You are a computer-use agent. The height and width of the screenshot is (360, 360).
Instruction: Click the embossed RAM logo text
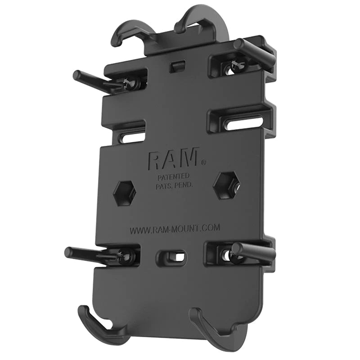(173, 159)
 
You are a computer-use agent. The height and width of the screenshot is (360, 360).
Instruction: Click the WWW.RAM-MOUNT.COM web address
(175, 229)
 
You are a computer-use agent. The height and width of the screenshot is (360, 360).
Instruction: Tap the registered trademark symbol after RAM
(203, 162)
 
